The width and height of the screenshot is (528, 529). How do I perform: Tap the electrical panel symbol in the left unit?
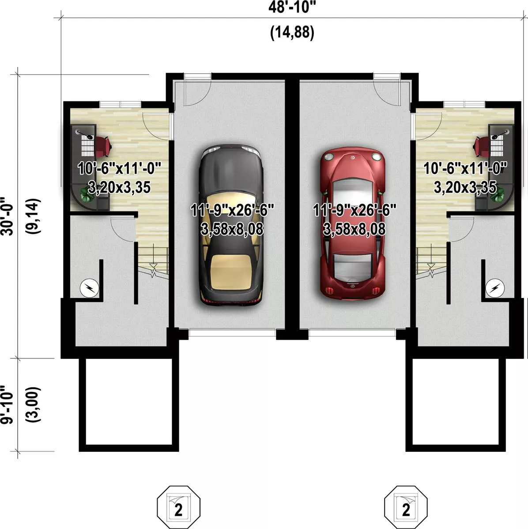point(89,288)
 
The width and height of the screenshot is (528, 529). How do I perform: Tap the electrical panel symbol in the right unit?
point(495,288)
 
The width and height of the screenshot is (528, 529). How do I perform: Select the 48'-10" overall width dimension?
point(292,7)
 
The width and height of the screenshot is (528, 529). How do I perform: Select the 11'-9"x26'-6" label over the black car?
point(232,211)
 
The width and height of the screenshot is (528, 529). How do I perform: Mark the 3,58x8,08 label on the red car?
point(354,229)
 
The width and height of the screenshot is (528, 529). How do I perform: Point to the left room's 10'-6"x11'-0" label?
point(119,168)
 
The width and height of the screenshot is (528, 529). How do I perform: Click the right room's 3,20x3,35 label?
point(465,187)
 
